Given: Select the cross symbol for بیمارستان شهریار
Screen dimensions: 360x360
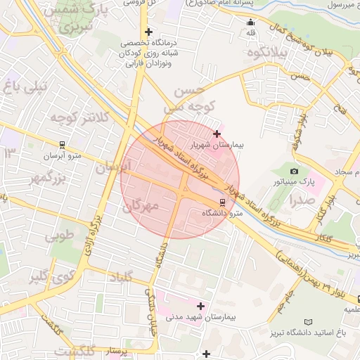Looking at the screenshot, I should (217, 133).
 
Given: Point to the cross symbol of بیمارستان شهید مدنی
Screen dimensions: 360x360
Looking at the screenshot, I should (201, 306).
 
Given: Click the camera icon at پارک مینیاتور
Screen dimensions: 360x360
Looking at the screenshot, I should (294, 171).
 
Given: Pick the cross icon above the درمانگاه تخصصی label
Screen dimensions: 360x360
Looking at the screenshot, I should (148, 32).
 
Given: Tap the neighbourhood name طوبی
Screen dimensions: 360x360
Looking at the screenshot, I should (60, 236).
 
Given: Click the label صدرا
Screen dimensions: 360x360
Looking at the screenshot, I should (302, 200).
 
